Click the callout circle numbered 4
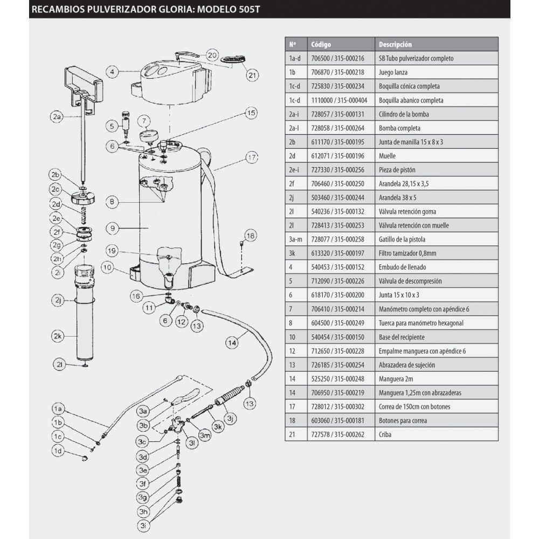[x=112, y=71]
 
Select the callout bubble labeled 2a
[x=57, y=116]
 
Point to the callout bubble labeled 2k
[x=58, y=336]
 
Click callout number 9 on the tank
[x=112, y=229]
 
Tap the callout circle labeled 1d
[x=58, y=451]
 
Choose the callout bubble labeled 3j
[x=230, y=418]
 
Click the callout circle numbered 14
[x=232, y=341]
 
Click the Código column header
[x=321, y=44]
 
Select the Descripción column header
[x=395, y=44]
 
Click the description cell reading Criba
[x=385, y=434]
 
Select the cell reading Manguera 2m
[x=394, y=378]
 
